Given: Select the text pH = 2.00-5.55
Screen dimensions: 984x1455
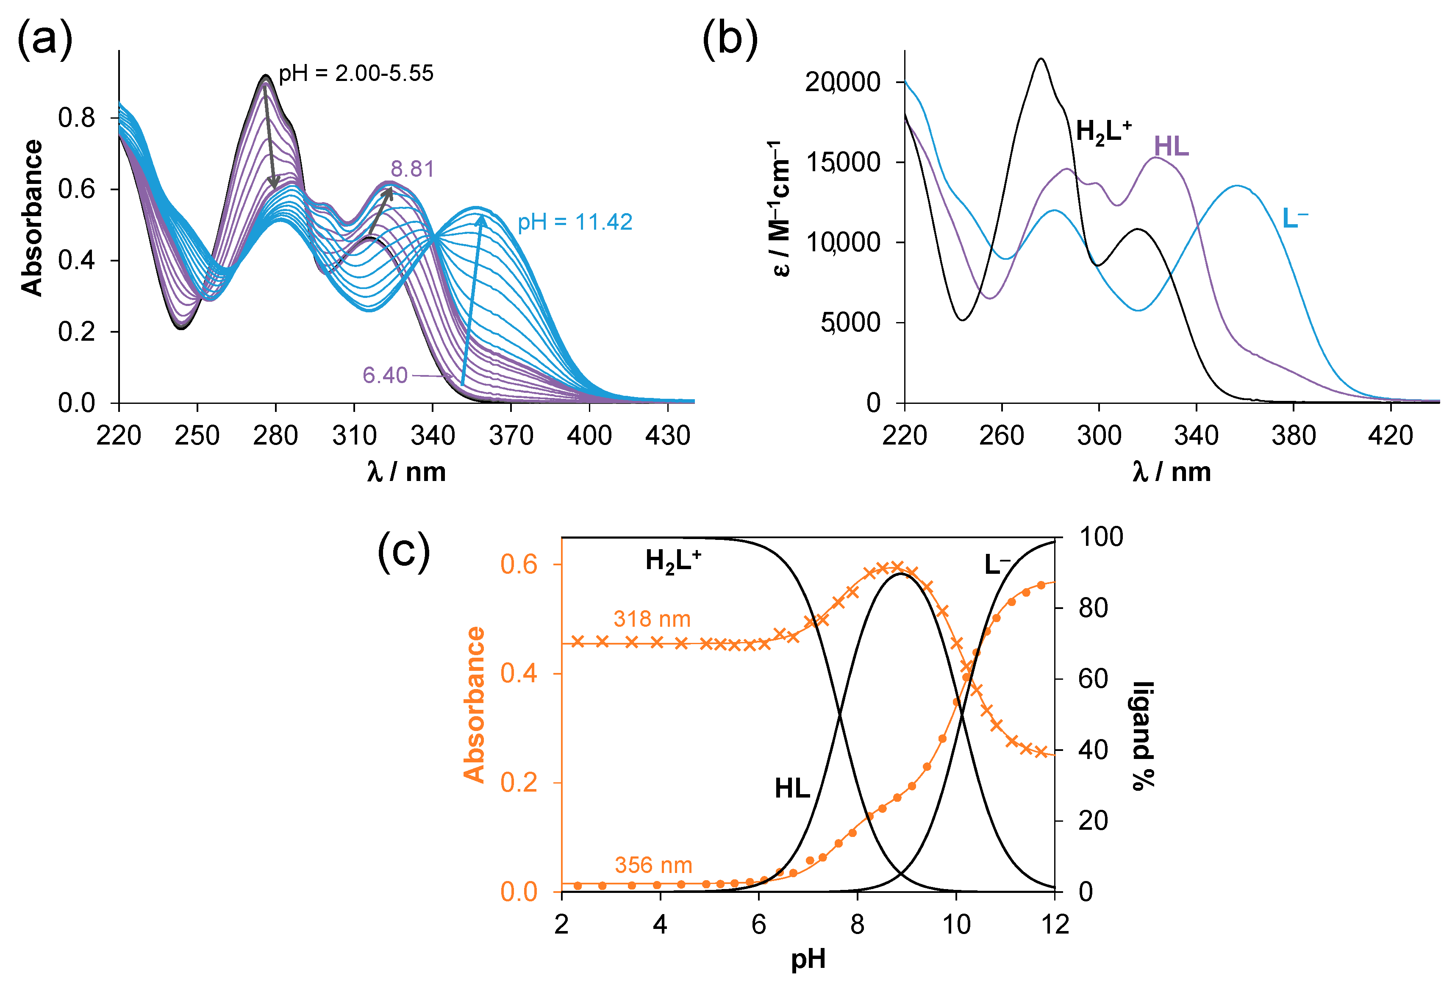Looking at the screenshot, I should [x=355, y=73].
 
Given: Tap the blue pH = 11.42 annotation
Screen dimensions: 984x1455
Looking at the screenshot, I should [x=575, y=222].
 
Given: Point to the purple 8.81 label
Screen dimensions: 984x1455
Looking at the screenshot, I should [x=412, y=169].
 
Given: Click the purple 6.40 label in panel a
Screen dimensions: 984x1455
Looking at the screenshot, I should [x=384, y=375].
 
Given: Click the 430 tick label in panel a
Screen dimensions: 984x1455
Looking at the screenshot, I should [x=667, y=435].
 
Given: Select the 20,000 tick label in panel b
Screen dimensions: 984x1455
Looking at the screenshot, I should [x=843, y=82].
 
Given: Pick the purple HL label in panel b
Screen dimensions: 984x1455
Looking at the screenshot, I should [x=1172, y=147].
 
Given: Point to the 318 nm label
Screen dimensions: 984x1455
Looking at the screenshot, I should [x=652, y=619].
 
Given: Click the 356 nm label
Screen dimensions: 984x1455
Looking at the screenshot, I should [x=653, y=865].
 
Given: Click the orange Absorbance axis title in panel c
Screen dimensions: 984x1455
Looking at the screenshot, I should [x=474, y=705].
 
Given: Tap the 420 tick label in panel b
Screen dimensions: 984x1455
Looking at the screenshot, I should [x=1391, y=435].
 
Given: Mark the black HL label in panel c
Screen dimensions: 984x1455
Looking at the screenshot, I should [x=792, y=788].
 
